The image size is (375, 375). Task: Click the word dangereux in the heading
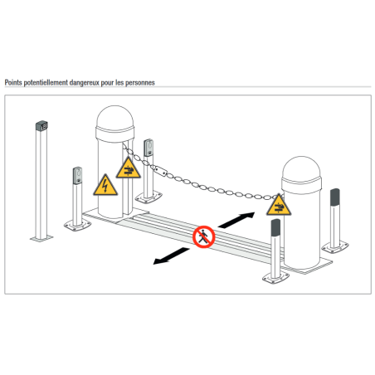(x=84, y=83)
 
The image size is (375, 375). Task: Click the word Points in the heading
(x=13, y=82)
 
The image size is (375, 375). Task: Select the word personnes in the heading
(x=140, y=83)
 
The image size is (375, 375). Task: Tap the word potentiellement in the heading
(x=46, y=82)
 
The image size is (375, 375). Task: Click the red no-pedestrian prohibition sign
(x=204, y=236)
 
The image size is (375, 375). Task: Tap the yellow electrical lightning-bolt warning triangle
(x=105, y=185)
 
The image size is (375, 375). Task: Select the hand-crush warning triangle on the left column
(x=128, y=168)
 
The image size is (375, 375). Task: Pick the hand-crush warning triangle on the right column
(x=279, y=206)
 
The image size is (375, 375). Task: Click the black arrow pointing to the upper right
(x=236, y=220)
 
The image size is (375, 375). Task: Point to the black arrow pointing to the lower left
(x=171, y=256)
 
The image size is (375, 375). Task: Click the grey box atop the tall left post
(x=41, y=126)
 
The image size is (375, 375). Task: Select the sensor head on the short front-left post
(x=78, y=176)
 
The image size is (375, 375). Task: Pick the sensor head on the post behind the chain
(x=149, y=148)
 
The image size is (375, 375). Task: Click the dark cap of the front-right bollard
(x=275, y=227)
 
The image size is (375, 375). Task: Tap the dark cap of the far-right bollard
(x=335, y=197)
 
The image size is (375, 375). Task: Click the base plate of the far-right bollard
(x=335, y=247)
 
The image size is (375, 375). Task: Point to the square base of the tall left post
(x=41, y=238)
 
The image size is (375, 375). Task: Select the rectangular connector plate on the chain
(x=161, y=171)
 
